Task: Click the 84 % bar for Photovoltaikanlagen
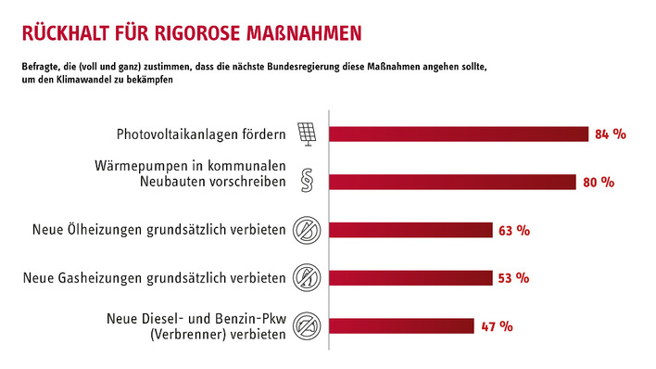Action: [459, 134]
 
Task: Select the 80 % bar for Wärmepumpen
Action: [453, 182]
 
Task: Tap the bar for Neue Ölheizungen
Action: [410, 229]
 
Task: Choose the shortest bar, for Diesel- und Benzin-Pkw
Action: [401, 325]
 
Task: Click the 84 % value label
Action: [611, 134]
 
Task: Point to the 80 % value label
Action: [599, 183]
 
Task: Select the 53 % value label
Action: [513, 278]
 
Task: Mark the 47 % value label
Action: [497, 326]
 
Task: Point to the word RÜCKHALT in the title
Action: [57, 33]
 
